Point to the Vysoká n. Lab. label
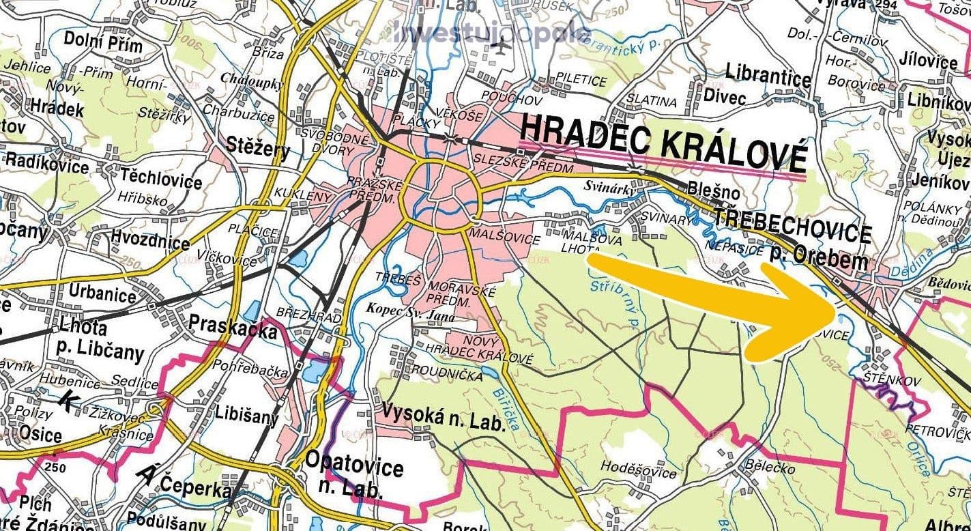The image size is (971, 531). pos(444,416)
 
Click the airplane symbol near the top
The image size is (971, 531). pos(501,48)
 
